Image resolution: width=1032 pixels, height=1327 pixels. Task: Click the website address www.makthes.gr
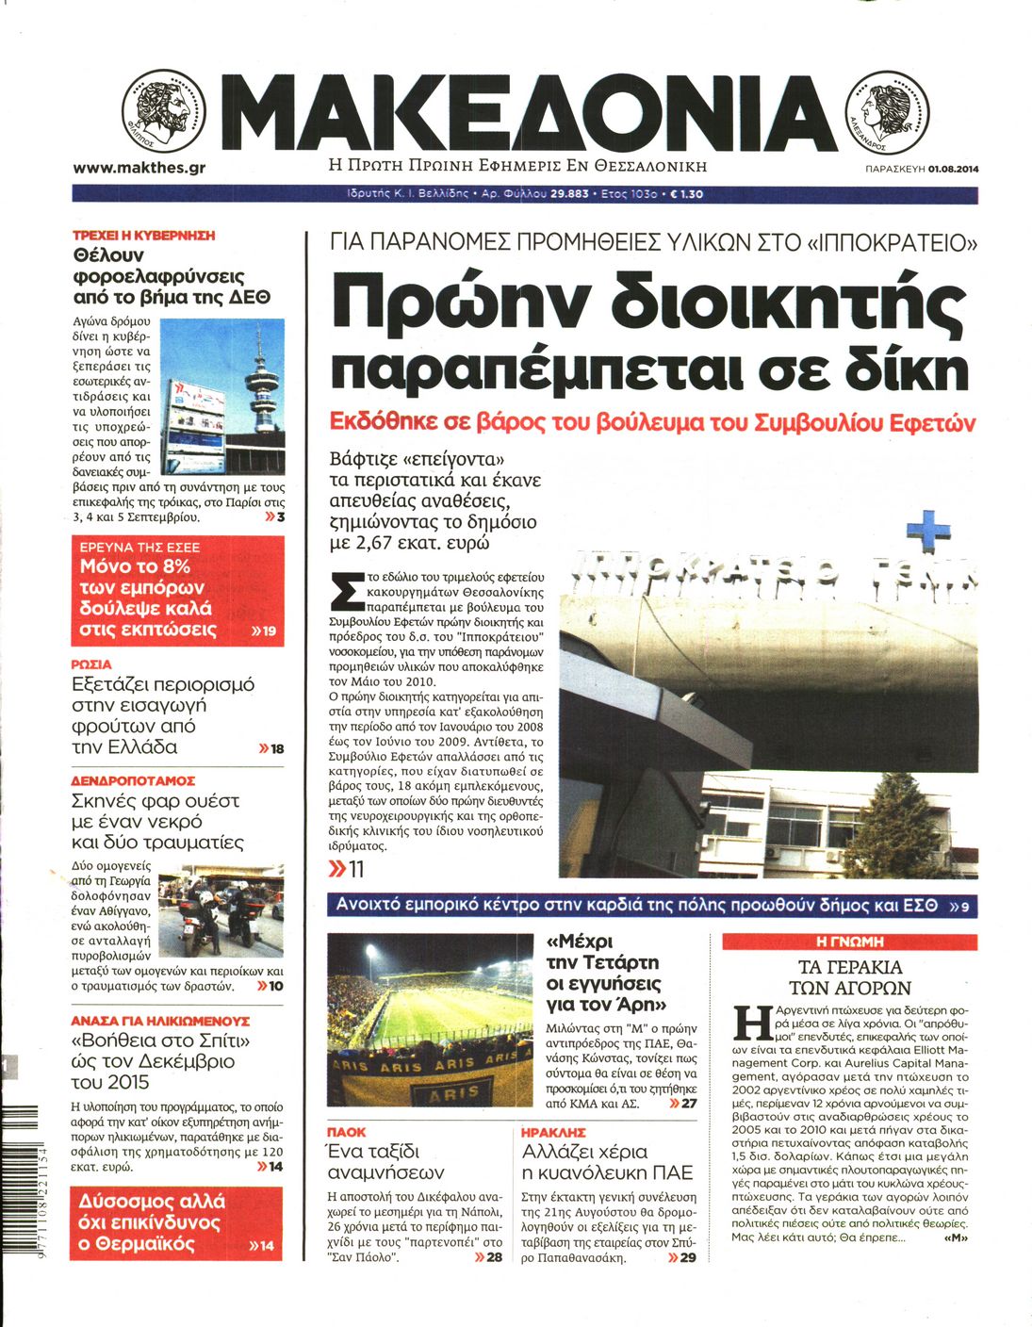tap(139, 168)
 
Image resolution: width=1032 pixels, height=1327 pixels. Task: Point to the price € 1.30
tap(686, 194)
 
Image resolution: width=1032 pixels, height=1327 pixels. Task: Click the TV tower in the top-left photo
tap(265, 382)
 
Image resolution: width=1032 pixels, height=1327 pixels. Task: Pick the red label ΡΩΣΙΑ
tap(91, 664)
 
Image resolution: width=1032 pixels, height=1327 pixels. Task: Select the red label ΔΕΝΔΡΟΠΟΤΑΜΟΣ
tap(133, 780)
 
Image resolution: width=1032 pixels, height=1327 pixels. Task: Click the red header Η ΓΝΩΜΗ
tap(849, 941)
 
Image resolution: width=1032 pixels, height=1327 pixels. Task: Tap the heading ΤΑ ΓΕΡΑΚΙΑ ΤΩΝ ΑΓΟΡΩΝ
tap(849, 977)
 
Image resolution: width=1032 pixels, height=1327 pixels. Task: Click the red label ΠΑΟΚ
tap(346, 1132)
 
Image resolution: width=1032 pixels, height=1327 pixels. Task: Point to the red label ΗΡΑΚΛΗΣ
tap(553, 1132)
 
